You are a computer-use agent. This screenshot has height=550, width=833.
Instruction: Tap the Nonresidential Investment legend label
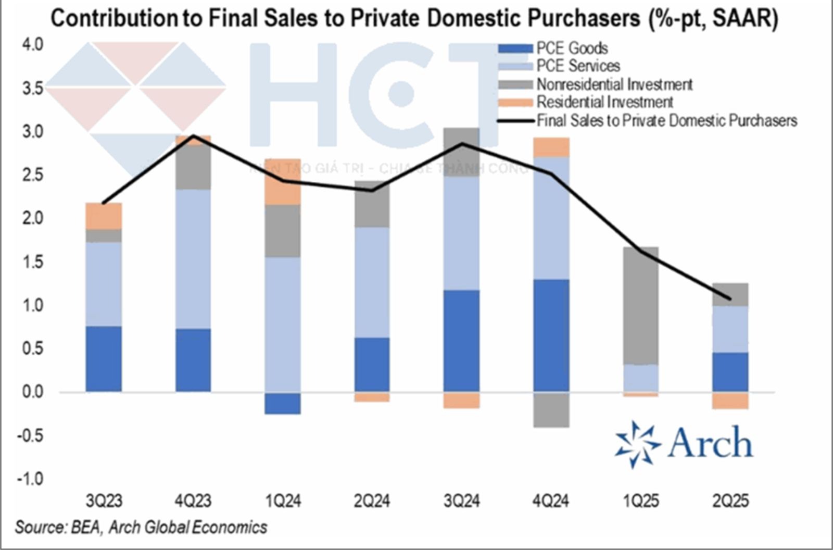click(614, 84)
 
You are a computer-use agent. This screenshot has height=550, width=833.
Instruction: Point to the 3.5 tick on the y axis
click(32, 89)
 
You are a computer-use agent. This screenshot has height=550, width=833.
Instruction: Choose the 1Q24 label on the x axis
click(283, 501)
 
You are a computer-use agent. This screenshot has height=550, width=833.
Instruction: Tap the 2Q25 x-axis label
click(730, 501)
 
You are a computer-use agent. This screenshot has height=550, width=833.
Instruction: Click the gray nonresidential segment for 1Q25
click(641, 305)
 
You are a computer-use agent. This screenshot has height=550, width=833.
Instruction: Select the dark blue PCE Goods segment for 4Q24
click(551, 335)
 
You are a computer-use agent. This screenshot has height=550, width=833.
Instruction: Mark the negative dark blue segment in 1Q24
click(283, 403)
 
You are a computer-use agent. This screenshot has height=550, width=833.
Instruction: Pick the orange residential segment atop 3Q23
click(104, 216)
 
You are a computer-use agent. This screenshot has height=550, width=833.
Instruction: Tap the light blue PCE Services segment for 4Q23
click(193, 259)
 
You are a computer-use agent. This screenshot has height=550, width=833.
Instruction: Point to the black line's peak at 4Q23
click(193, 136)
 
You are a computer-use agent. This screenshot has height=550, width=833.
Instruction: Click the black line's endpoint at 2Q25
click(730, 299)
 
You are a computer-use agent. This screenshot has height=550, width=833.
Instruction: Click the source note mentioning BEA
click(141, 527)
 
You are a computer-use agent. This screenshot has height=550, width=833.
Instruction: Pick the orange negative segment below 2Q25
click(730, 401)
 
